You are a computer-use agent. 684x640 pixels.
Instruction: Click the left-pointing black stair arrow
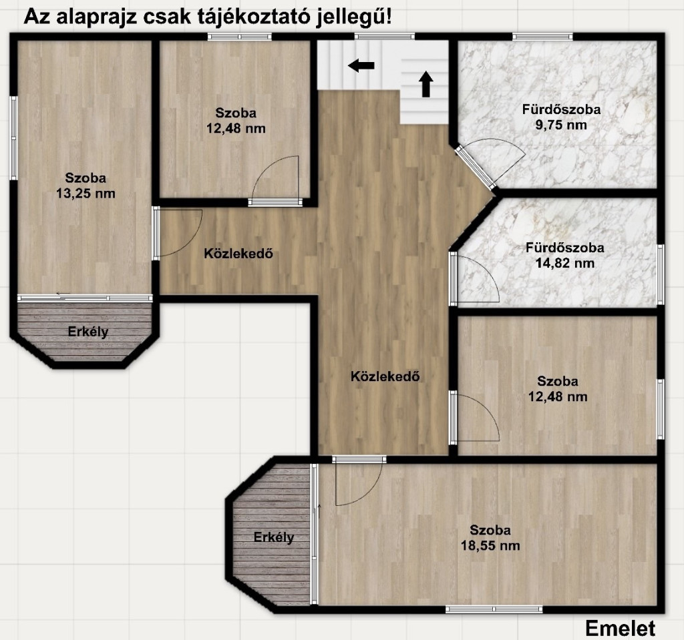coord(361,66)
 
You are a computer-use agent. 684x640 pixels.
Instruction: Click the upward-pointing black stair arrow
coord(425,84)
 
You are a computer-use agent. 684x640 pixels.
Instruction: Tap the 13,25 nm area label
coord(85,194)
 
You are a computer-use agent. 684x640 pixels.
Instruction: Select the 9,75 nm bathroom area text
coord(561,125)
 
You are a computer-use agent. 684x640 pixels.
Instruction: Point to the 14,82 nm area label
coord(565,264)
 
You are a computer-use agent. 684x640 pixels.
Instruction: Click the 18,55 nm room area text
coord(490,546)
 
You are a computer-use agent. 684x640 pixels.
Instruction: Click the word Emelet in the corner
coord(620,629)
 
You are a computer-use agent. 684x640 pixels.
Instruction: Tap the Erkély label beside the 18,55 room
coord(273,537)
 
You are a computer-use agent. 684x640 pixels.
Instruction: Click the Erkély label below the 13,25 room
coord(88,332)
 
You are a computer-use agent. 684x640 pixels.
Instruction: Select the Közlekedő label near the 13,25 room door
coord(238,254)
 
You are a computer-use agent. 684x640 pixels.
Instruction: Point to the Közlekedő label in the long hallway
coord(385,376)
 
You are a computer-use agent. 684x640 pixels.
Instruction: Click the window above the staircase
coord(384,37)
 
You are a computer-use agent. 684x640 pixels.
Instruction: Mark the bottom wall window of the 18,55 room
coord(494,609)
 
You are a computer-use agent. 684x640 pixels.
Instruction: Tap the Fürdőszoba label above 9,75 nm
coord(561,109)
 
